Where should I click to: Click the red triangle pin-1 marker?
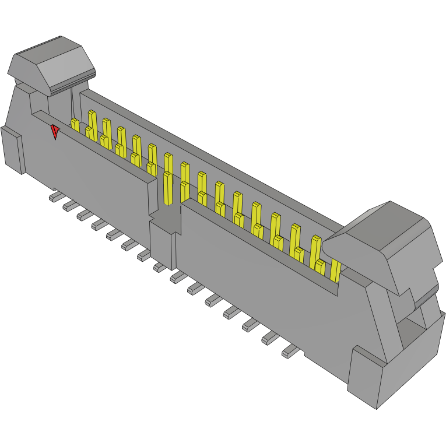click(x=55, y=132)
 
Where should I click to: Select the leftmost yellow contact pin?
click(x=75, y=124)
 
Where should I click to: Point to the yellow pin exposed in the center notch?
click(x=168, y=188)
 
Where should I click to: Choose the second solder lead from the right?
click(x=270, y=337)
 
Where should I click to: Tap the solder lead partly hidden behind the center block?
click(x=159, y=267)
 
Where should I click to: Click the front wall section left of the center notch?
click(x=99, y=175)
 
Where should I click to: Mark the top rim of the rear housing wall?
click(x=204, y=146)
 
